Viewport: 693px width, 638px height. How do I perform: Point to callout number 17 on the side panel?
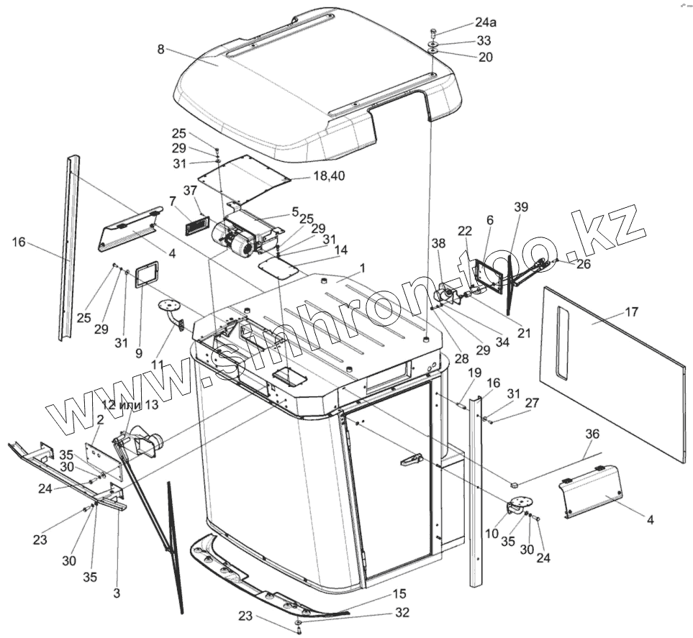coord(631,312)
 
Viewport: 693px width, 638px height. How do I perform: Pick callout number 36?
coord(592,434)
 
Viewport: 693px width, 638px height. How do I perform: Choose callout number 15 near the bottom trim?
coord(399,594)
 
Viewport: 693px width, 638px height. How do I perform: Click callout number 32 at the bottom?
coord(402,613)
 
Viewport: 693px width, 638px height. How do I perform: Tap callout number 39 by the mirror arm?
coord(521,207)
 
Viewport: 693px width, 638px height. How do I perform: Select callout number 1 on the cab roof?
coord(363,268)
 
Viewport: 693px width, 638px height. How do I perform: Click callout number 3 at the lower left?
coord(117,594)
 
